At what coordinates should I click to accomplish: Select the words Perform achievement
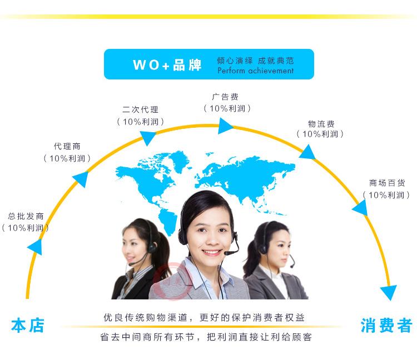pos(255,71)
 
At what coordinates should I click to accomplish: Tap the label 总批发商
pos(26,216)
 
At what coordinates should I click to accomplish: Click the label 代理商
pos(67,146)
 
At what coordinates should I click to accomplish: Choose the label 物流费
pos(321,123)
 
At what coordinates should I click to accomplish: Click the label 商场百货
pos(387,183)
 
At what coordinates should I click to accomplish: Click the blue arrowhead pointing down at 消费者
pos(388,293)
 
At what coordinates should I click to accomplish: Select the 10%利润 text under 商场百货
pos(387,195)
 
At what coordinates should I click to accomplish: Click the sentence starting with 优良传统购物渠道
pos(204,318)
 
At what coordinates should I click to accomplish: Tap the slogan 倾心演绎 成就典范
pos(255,60)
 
